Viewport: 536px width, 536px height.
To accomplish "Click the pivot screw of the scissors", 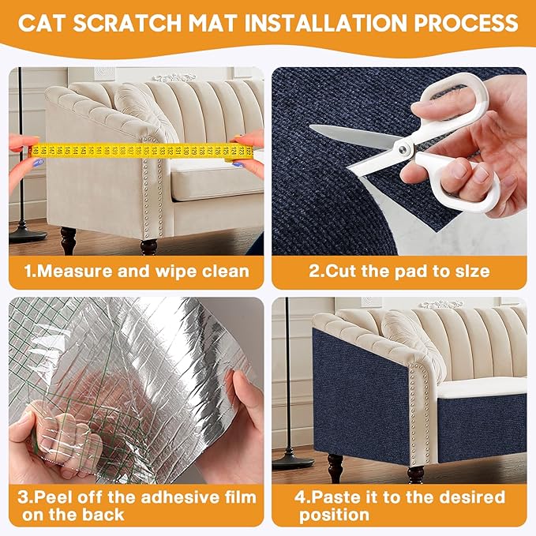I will tap(404, 147).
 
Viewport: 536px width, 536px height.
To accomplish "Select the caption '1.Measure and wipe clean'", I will tap(136, 272).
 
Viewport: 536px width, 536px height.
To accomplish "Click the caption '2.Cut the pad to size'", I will tap(399, 272).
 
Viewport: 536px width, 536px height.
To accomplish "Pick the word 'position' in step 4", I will tap(334, 515).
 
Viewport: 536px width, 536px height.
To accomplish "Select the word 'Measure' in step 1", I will tap(83, 272).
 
